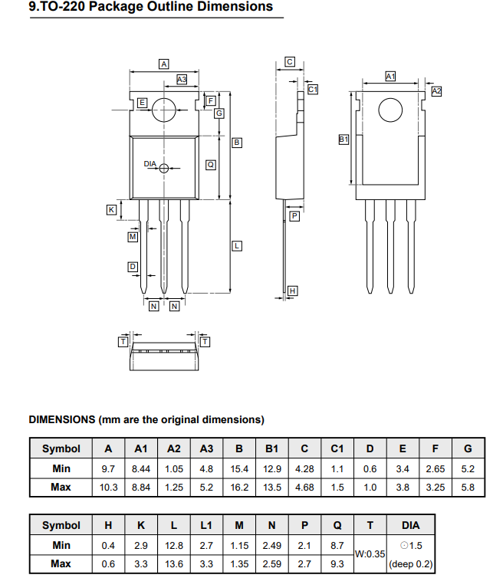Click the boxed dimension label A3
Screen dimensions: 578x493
pyautogui.click(x=182, y=79)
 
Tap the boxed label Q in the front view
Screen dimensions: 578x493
pyautogui.click(x=210, y=164)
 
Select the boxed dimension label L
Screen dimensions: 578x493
pyautogui.click(x=237, y=245)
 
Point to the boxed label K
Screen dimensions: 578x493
pyautogui.click(x=111, y=209)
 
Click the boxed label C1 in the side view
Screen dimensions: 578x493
pyautogui.click(x=313, y=90)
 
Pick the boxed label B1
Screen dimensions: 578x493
pyautogui.click(x=343, y=139)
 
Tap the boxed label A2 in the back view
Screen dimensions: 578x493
pyautogui.click(x=436, y=90)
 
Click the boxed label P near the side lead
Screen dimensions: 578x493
pyautogui.click(x=294, y=217)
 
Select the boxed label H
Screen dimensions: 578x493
pyautogui.click(x=292, y=291)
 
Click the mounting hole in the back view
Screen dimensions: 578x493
pyautogui.click(x=390, y=110)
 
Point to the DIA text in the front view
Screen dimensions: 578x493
pyautogui.click(x=150, y=164)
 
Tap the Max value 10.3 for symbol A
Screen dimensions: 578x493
pyautogui.click(x=108, y=488)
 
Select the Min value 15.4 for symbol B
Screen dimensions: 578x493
pyautogui.click(x=239, y=468)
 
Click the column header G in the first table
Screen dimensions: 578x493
pyautogui.click(x=468, y=449)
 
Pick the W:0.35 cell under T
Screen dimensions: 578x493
pyautogui.click(x=370, y=553)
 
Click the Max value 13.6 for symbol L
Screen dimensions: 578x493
pyautogui.click(x=174, y=563)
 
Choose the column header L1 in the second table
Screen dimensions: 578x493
pyautogui.click(x=206, y=525)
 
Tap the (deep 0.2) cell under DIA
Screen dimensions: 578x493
pyautogui.click(x=410, y=563)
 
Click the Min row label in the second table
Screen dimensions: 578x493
pyautogui.click(x=61, y=544)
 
